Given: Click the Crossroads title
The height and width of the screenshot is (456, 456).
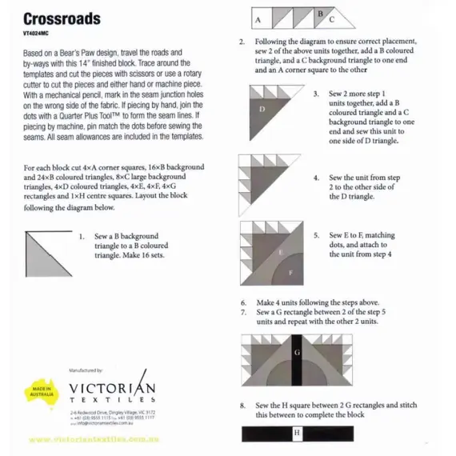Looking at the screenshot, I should [61, 18].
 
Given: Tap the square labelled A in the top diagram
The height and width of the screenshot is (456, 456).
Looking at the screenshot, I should [259, 18].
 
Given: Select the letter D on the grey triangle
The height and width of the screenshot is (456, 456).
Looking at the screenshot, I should [263, 107].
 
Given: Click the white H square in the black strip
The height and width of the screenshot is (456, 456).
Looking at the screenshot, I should [296, 434].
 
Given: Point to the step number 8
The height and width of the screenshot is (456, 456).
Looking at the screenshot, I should [243, 406].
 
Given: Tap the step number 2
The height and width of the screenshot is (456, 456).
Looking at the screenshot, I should [242, 42].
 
